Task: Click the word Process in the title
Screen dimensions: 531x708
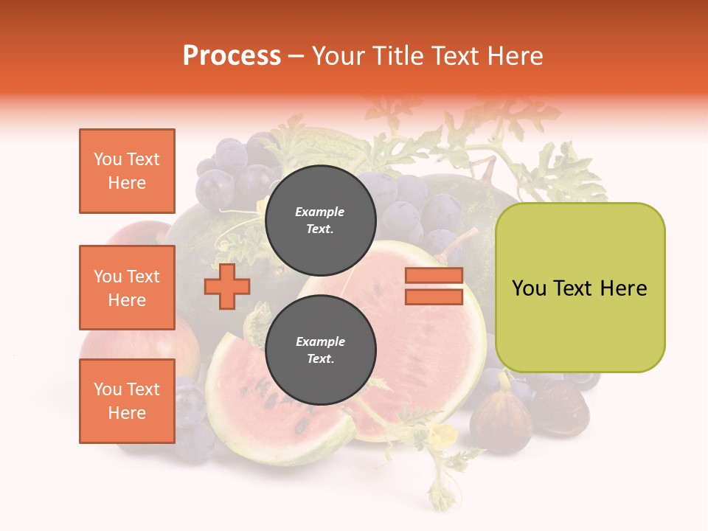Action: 232,56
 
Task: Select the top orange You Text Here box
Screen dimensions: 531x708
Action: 127,171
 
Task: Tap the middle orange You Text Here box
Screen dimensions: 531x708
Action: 127,288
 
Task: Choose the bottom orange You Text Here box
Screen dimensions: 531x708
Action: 127,401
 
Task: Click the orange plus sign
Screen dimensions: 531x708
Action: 226,287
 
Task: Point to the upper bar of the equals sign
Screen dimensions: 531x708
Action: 434,276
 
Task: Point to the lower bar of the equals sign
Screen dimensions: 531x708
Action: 434,297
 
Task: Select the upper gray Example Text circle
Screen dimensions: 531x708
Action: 320,220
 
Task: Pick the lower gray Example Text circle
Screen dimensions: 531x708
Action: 320,350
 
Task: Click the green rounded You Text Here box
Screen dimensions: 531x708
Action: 580,288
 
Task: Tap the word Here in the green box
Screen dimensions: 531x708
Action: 624,288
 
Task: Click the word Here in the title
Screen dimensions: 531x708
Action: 513,56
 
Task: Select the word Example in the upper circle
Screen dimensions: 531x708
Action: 320,212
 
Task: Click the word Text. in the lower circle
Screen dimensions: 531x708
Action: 320,359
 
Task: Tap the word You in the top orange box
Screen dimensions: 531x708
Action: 107,159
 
